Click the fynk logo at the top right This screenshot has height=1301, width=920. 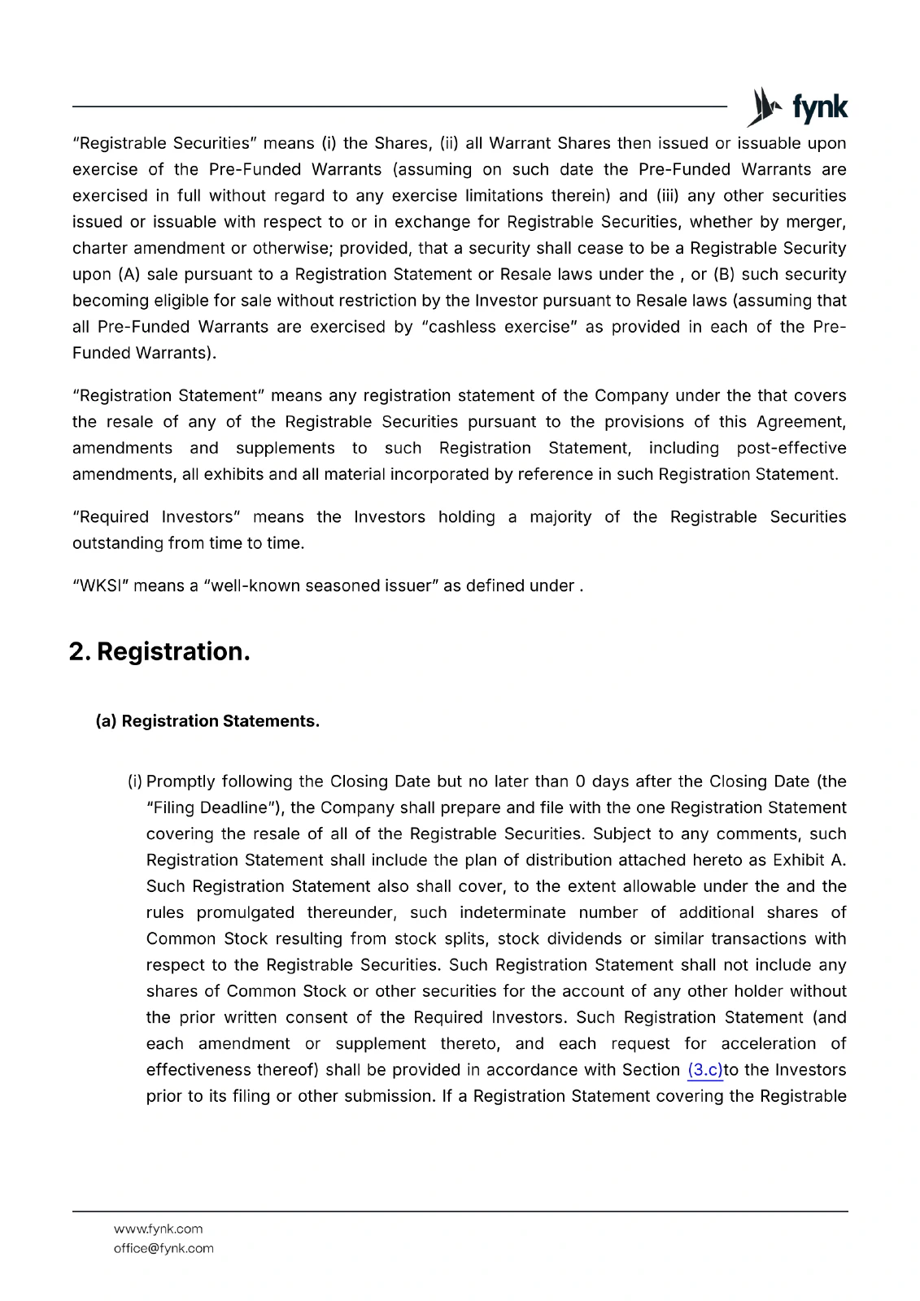(x=797, y=107)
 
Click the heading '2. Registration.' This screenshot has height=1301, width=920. (x=159, y=652)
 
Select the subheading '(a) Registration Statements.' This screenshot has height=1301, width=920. (x=207, y=721)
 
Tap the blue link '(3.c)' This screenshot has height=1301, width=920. (x=704, y=1070)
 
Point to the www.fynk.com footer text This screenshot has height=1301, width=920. (x=159, y=1229)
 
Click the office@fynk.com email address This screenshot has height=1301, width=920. (x=164, y=1249)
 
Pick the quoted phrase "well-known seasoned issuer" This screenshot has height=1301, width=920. (x=320, y=586)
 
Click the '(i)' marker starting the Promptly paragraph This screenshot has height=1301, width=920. (x=134, y=782)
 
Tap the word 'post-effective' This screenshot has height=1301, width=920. (x=791, y=449)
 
